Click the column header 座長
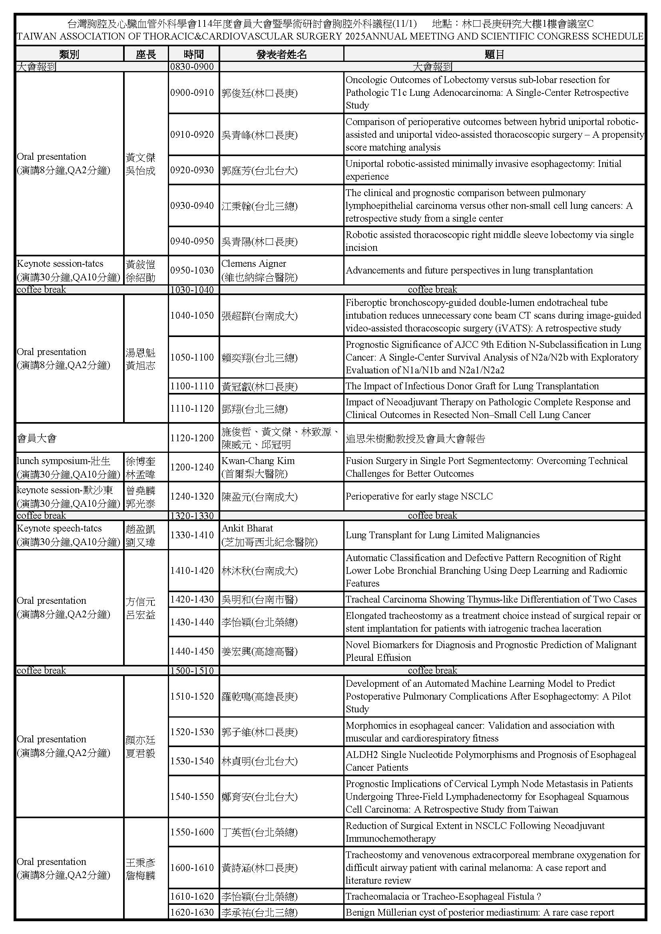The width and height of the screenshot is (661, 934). click(x=146, y=54)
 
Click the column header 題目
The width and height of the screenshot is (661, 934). click(x=494, y=54)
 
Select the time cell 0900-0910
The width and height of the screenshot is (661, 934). click(x=192, y=93)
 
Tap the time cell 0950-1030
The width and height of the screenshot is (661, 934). click(x=192, y=270)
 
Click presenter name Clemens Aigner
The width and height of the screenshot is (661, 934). click(x=254, y=264)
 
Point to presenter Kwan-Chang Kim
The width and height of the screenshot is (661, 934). click(x=258, y=461)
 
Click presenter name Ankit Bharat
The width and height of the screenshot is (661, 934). click(x=247, y=528)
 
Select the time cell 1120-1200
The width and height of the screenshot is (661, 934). click(x=192, y=438)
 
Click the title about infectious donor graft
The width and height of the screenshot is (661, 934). click(x=472, y=386)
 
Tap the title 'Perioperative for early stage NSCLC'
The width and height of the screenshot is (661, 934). click(x=419, y=496)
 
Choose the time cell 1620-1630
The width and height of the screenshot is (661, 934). click(x=192, y=912)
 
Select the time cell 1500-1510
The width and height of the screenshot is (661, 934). click(x=192, y=670)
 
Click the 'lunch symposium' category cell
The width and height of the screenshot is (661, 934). click(x=68, y=468)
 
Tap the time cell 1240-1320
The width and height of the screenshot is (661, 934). click(x=192, y=496)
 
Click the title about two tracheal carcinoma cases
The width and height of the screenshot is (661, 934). click(x=491, y=599)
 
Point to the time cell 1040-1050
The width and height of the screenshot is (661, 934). click(x=192, y=315)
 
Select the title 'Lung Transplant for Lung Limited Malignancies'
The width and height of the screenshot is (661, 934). click(x=442, y=535)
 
